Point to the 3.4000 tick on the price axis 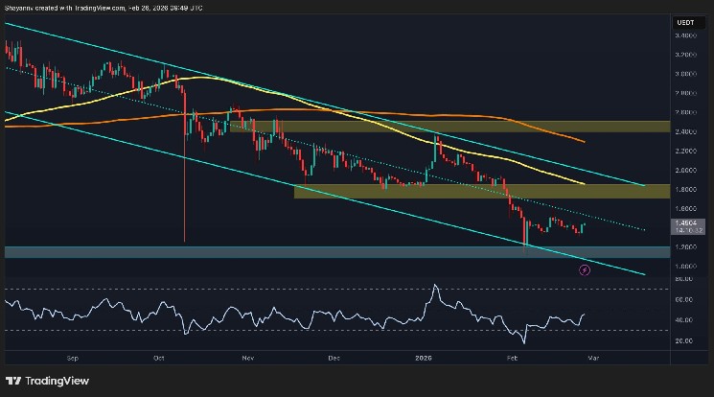click(687, 35)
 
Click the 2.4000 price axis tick click(687, 131)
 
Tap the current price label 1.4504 click(687, 222)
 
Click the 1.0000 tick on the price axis click(687, 266)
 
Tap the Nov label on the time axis click(247, 357)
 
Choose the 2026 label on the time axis click(424, 357)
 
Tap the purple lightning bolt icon click(586, 270)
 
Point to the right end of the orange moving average click(585, 141)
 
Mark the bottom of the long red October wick click(184, 242)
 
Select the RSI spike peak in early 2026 click(436, 285)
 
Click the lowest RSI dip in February click(525, 341)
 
